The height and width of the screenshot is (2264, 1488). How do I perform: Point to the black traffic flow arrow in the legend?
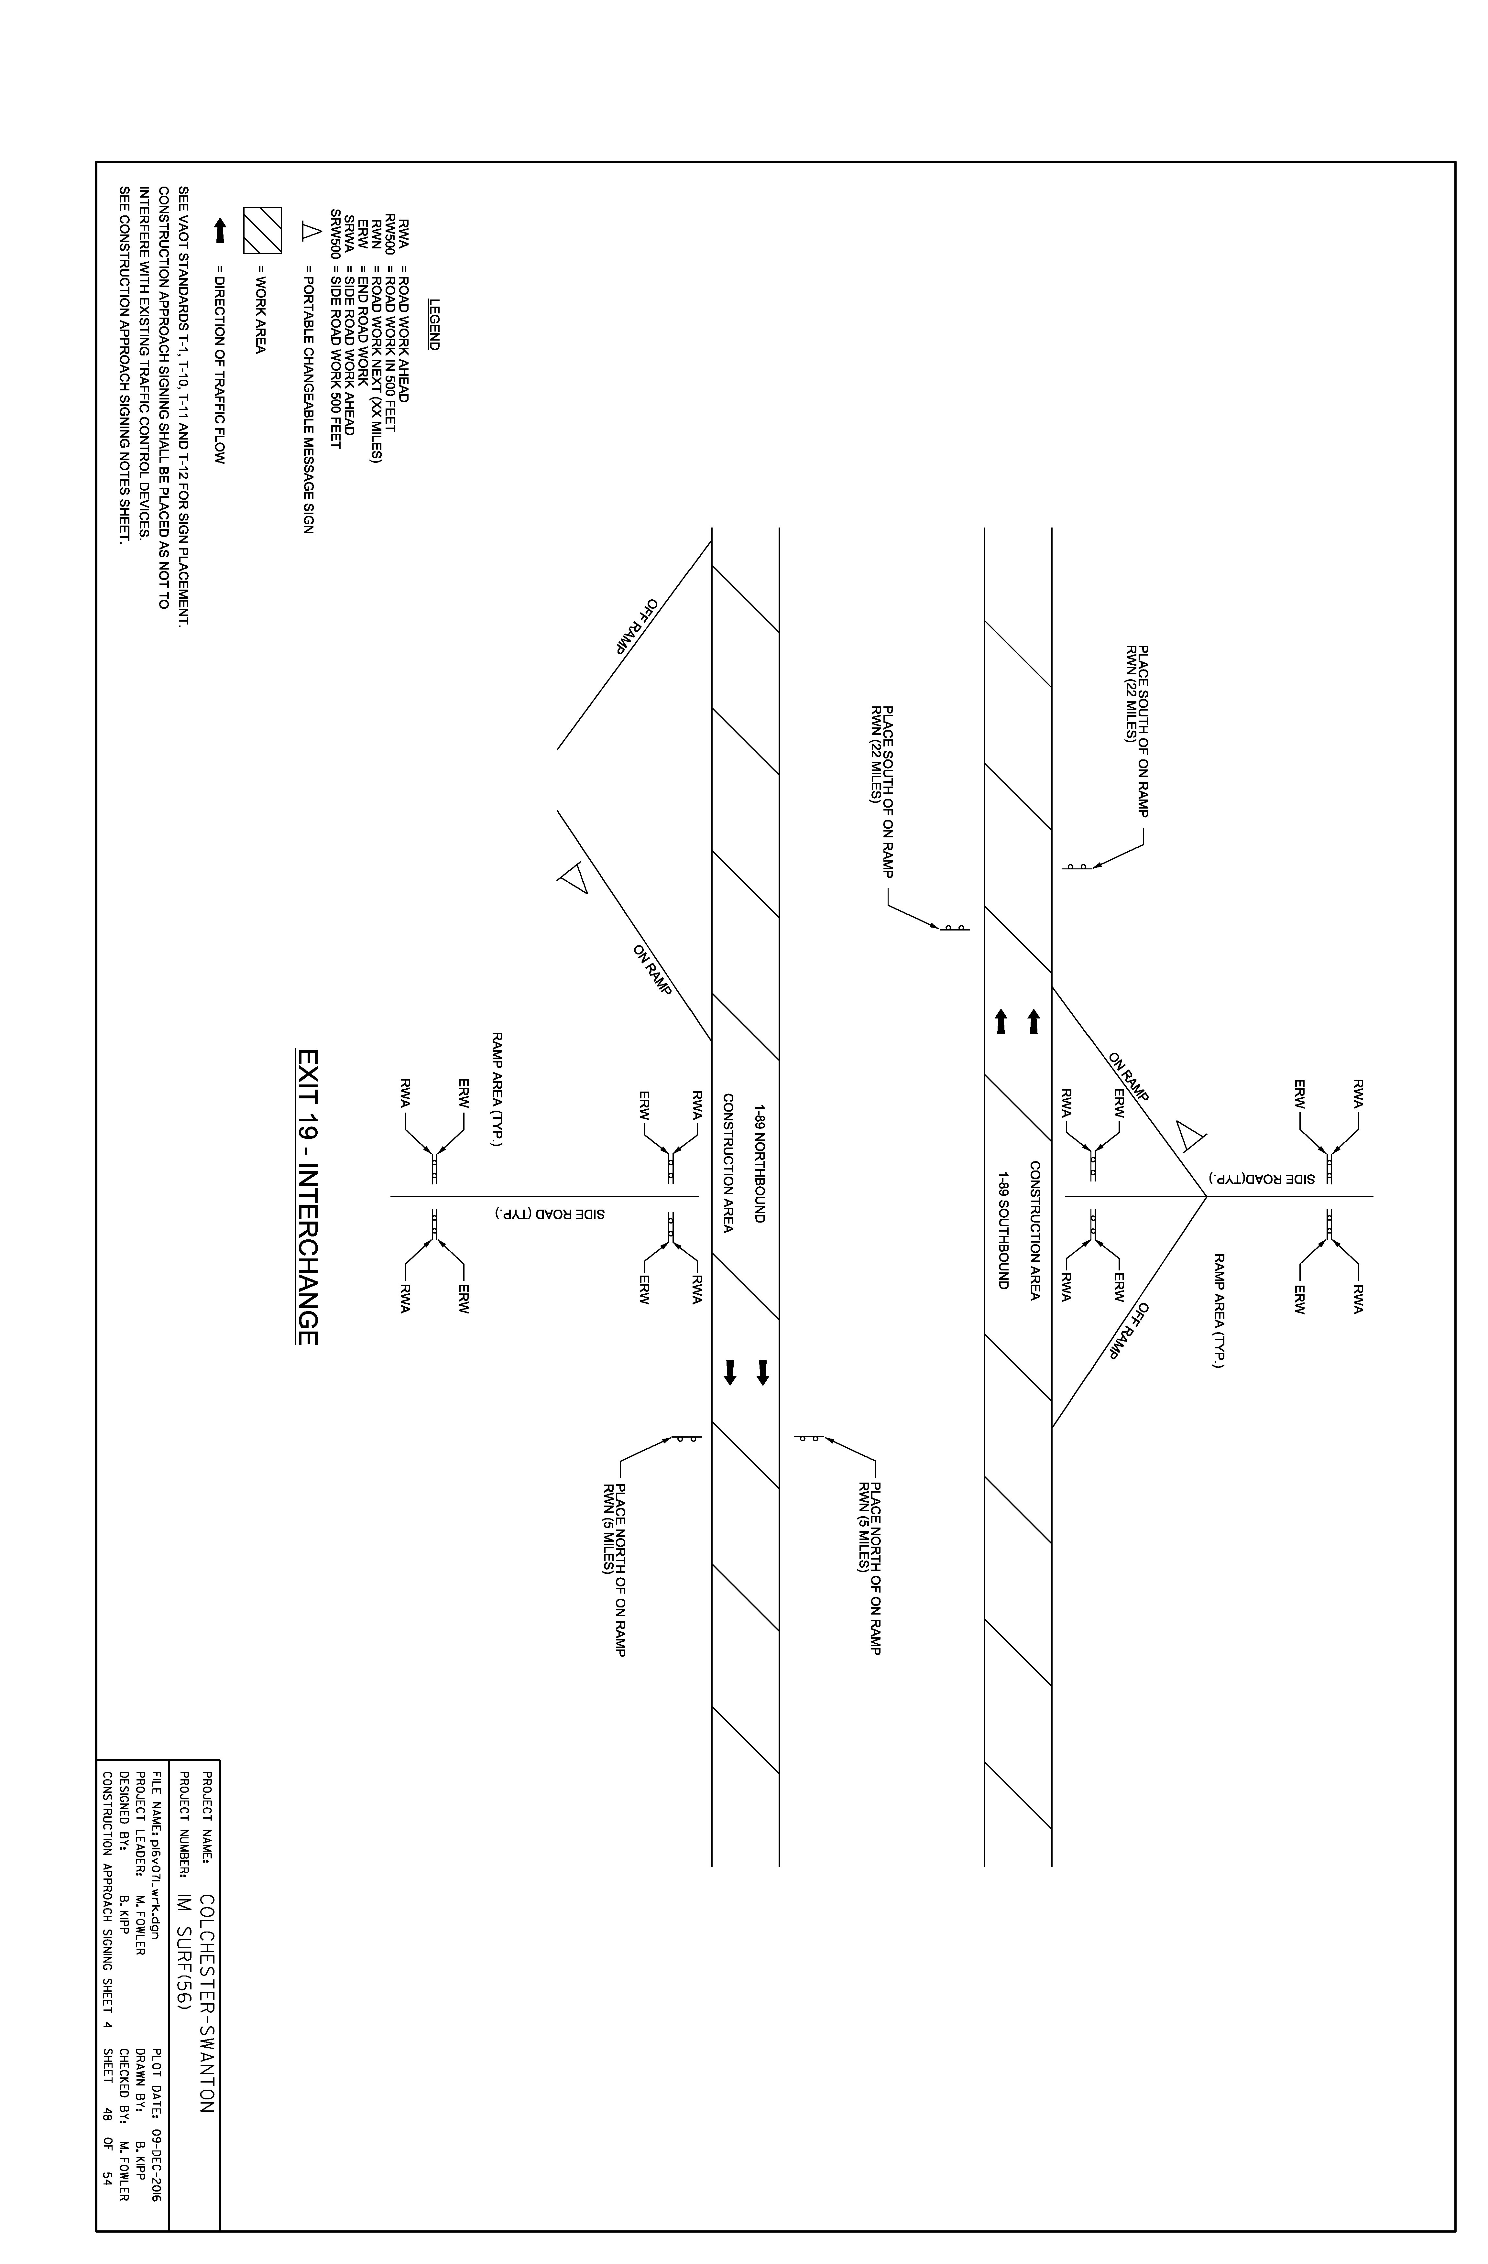tap(221, 230)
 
